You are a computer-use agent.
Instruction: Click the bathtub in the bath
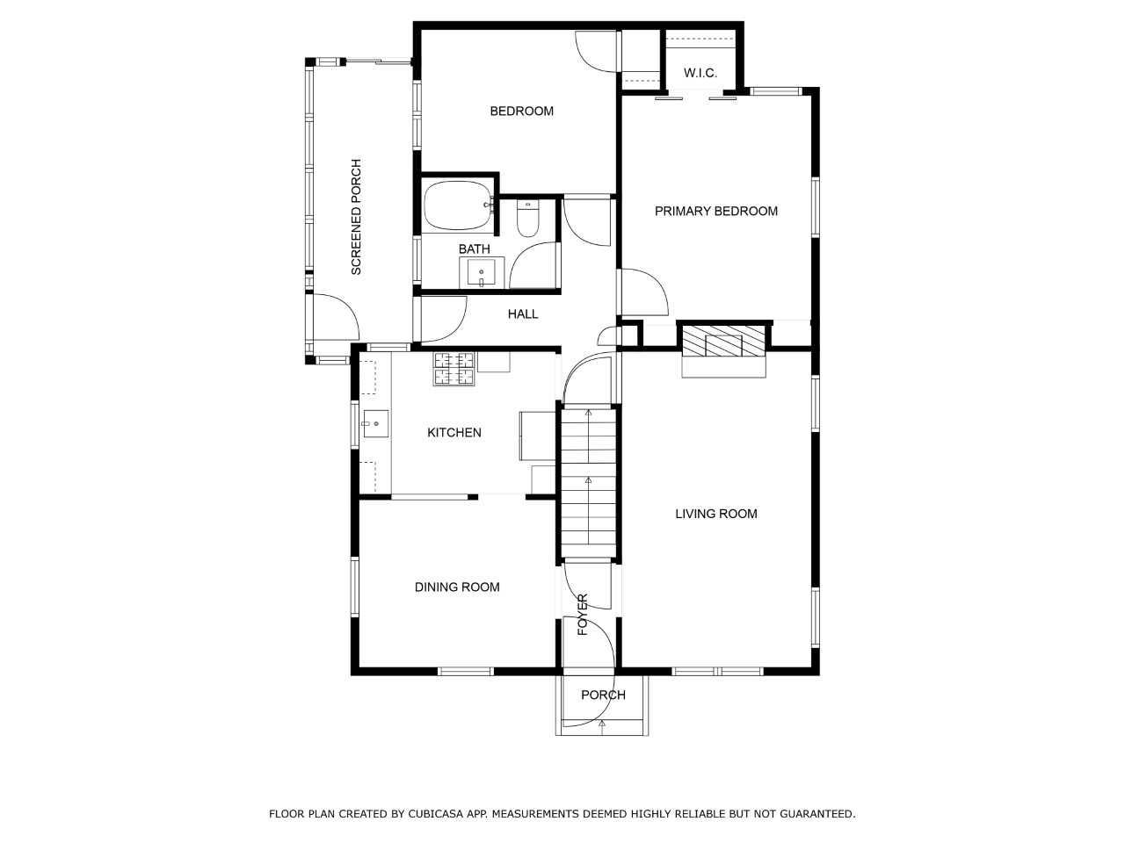(x=458, y=205)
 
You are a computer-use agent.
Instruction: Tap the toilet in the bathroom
(x=527, y=219)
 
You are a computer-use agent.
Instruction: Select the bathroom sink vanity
(x=482, y=273)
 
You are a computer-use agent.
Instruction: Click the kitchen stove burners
(x=454, y=369)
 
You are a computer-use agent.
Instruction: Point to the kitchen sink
(x=375, y=424)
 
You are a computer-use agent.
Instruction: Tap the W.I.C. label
(x=700, y=73)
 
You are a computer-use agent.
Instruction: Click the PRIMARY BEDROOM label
(x=716, y=211)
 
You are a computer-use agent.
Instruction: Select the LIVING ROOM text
(x=716, y=514)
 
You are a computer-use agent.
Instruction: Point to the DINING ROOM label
(x=457, y=587)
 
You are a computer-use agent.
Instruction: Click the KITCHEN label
(x=454, y=433)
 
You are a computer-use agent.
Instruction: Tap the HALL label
(x=523, y=314)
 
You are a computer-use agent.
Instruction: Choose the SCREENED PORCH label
(x=356, y=217)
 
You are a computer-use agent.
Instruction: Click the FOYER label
(x=583, y=615)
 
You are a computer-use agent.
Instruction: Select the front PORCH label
(x=603, y=695)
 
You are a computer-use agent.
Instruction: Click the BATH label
(x=474, y=249)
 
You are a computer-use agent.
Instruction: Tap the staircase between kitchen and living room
(x=588, y=483)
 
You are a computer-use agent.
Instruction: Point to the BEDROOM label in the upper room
(x=522, y=111)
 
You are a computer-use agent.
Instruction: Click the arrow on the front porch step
(x=602, y=724)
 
